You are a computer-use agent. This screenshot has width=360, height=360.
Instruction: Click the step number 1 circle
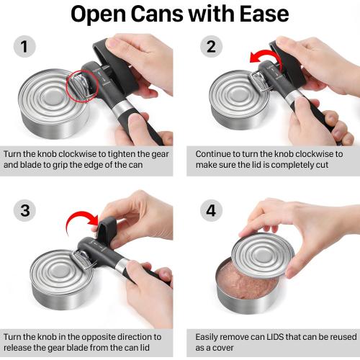tap(25, 48)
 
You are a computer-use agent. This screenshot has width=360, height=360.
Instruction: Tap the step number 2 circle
tap(211, 48)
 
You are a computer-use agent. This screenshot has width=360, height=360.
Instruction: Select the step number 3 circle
tap(25, 210)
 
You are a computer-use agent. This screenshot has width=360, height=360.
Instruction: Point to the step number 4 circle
tap(211, 210)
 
